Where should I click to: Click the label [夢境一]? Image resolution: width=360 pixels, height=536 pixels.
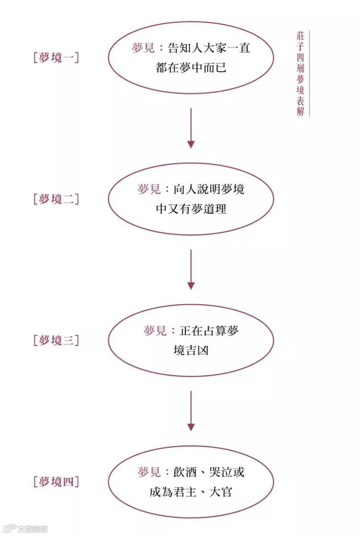pyautogui.click(x=56, y=58)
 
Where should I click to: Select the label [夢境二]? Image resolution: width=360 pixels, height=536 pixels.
pyautogui.click(x=56, y=199)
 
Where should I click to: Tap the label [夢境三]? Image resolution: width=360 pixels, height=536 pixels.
pyautogui.click(x=56, y=340)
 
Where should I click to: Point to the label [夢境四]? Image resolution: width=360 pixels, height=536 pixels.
pyautogui.click(x=56, y=482)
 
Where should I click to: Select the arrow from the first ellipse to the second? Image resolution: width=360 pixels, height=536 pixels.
pyautogui.click(x=191, y=128)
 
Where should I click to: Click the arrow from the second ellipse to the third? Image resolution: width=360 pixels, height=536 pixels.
pyautogui.click(x=191, y=269)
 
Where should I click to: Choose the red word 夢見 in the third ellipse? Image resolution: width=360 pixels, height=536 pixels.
pyautogui.click(x=155, y=331)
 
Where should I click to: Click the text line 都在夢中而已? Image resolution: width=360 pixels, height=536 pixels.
pyautogui.click(x=191, y=68)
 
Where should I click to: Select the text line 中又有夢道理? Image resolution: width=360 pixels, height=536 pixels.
pyautogui.click(x=191, y=209)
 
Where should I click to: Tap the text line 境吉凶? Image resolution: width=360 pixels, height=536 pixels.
pyautogui.click(x=191, y=351)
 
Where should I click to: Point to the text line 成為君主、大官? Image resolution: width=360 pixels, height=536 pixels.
pyautogui.click(x=191, y=492)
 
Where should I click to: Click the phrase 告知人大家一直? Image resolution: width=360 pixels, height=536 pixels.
pyautogui.click(x=209, y=48)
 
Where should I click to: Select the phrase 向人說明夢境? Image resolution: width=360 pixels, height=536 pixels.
pyautogui.click(x=209, y=189)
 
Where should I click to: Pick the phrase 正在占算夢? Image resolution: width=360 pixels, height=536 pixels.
pyautogui.click(x=209, y=331)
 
